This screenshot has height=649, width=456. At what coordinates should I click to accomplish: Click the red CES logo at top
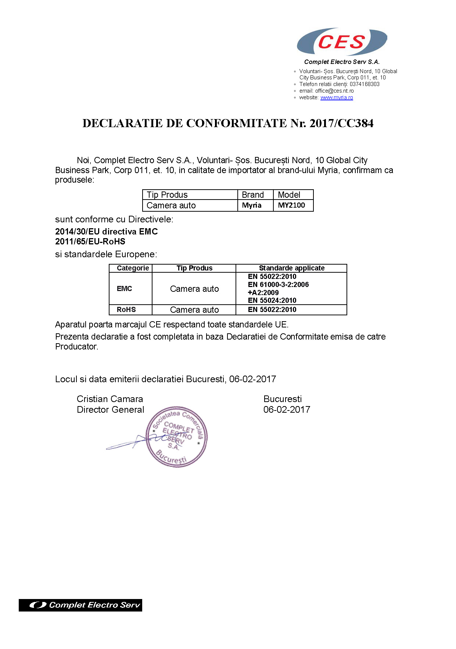point(341,42)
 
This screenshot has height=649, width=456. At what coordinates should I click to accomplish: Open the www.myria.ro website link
point(337,97)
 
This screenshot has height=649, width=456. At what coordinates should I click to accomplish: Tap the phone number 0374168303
point(365,84)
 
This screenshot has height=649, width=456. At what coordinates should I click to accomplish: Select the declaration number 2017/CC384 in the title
point(341,123)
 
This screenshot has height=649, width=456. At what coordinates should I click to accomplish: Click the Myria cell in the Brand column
point(252,205)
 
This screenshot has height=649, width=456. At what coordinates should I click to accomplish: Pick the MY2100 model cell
point(291,205)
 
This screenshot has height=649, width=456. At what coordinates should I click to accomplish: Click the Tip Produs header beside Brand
point(167,195)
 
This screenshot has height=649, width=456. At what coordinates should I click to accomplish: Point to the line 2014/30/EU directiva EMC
point(107,232)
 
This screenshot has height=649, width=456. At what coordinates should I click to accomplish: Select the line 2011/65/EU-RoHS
point(90,241)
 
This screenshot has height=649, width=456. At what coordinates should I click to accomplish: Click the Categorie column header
point(133,268)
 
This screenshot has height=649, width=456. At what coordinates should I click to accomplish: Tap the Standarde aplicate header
point(292,268)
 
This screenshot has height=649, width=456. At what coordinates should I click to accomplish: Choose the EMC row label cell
point(125,288)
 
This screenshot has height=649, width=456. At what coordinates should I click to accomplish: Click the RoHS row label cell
point(126,309)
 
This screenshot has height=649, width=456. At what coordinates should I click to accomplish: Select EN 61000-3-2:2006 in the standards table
point(278,284)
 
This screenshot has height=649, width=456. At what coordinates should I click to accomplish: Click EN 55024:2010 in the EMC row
point(272,300)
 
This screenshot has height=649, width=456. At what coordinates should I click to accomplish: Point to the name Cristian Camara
point(110,399)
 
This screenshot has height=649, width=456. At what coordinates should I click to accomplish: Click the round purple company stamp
point(177,437)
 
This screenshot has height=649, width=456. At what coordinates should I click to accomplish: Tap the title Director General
point(110,409)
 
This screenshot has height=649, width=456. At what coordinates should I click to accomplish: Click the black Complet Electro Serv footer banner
point(80,605)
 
